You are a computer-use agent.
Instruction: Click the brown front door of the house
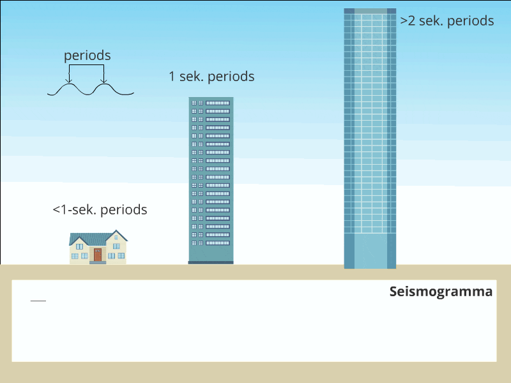(98, 255)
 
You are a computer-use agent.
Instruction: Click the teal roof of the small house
(89, 238)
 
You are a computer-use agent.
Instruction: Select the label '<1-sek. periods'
(100, 209)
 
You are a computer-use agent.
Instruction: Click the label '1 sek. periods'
(211, 77)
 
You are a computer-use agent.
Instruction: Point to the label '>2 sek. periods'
(447, 21)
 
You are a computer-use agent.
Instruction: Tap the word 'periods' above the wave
(87, 56)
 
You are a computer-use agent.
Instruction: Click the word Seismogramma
(441, 292)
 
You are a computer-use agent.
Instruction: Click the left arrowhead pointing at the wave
(70, 82)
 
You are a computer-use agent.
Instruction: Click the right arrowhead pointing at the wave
(103, 82)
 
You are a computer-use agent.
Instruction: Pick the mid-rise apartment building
(211, 179)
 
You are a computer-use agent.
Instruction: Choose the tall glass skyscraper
(370, 128)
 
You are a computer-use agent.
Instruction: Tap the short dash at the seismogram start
(38, 300)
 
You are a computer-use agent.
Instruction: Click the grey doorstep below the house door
(98, 262)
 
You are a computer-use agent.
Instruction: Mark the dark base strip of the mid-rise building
(211, 262)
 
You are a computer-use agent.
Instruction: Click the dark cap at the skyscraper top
(370, 11)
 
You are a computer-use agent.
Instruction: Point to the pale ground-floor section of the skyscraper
(370, 250)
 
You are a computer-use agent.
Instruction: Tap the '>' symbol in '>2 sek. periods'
(404, 21)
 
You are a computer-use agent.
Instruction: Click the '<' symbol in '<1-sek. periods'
(56, 210)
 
